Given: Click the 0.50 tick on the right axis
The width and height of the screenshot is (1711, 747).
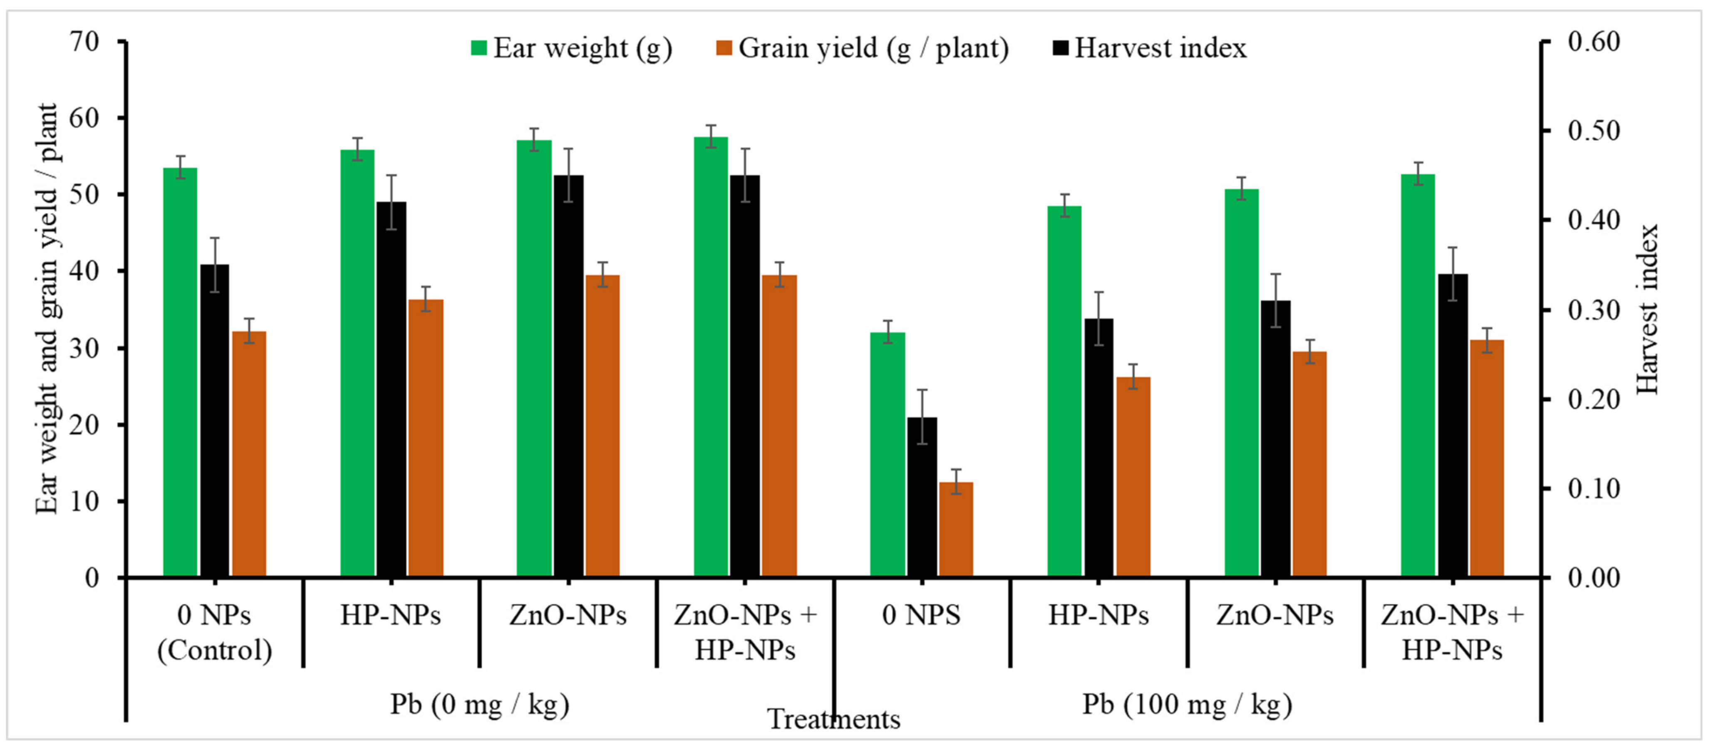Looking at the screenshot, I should [x=1594, y=131].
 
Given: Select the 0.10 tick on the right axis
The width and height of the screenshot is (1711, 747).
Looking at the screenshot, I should [x=1594, y=489].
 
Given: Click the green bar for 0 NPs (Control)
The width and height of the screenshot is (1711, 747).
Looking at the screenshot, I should [x=180, y=372].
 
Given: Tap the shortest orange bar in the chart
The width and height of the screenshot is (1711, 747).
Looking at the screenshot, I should [x=956, y=529].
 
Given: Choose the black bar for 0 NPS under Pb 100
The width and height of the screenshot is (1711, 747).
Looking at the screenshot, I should [x=922, y=497].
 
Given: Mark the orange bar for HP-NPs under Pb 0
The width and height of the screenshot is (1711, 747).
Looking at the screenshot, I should [x=426, y=438].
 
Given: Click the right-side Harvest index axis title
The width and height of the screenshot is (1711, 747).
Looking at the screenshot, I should [x=1648, y=309].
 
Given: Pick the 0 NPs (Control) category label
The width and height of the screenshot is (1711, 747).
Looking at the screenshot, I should [x=215, y=632].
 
